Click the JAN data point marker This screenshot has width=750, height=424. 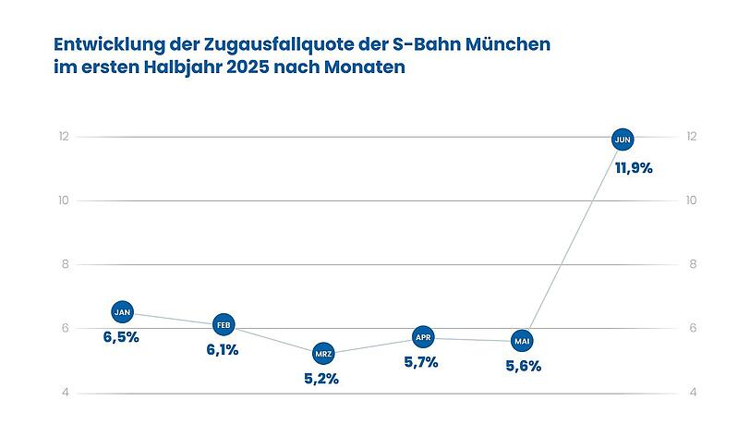coord(123,311)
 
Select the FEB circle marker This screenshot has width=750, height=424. coord(224,324)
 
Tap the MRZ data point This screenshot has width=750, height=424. coord(323,353)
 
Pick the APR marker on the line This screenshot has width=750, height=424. coord(423,337)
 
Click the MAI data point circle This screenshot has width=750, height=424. coord(523,341)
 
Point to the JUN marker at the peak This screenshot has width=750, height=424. coord(623,139)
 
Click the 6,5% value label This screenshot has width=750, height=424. coord(121,337)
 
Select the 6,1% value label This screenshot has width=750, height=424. coord(222,350)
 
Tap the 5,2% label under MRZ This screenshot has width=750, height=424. coord(321,379)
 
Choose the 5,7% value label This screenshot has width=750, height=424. coord(421,362)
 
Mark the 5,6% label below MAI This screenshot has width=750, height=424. coord(522,366)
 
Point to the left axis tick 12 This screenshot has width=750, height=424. coord(63,137)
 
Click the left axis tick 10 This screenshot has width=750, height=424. coord(63,200)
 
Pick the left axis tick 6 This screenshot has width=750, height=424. coord(63,329)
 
